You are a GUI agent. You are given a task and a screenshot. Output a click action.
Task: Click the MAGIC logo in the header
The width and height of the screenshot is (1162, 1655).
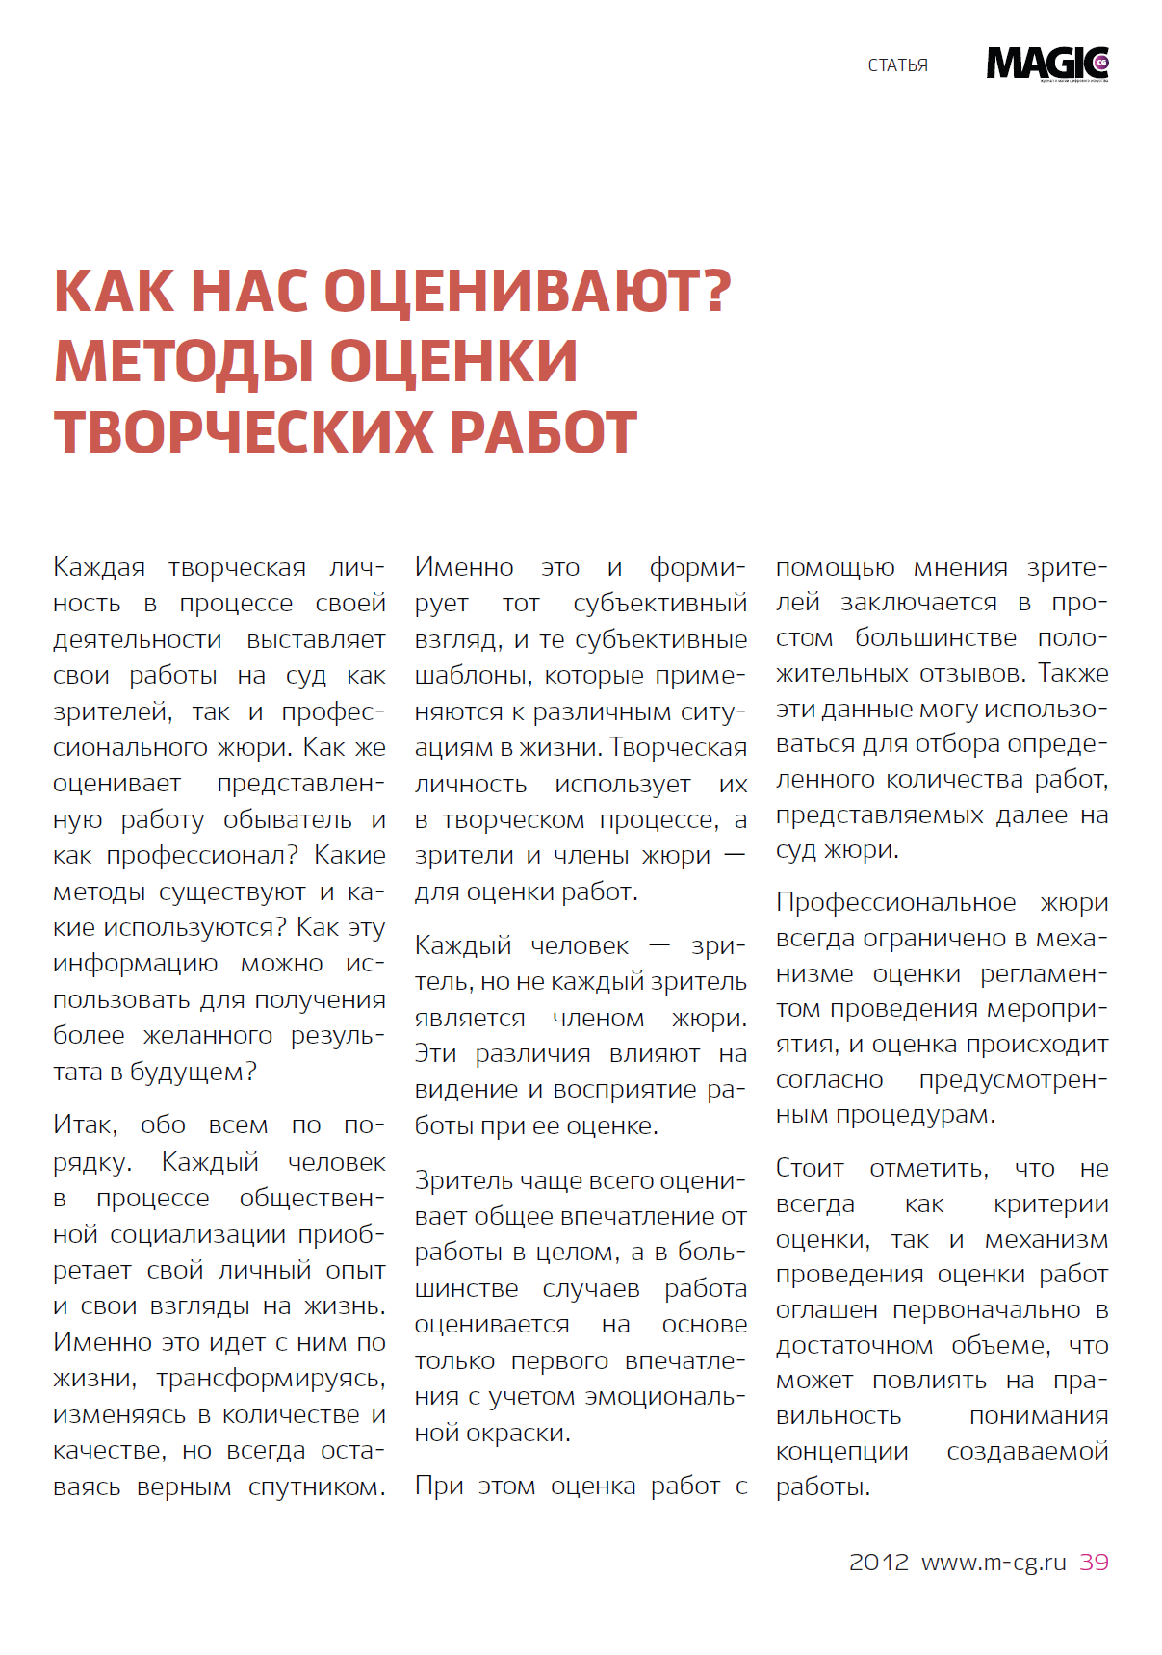(x=1047, y=64)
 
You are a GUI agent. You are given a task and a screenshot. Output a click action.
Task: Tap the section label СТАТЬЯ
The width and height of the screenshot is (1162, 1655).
(x=897, y=65)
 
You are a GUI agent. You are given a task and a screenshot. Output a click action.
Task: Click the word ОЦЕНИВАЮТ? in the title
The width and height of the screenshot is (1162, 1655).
(x=528, y=291)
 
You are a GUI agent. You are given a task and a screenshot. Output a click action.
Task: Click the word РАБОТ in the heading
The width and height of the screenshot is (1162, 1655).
(x=544, y=432)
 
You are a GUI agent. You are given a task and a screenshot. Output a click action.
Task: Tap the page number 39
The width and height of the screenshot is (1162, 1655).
(x=1094, y=1562)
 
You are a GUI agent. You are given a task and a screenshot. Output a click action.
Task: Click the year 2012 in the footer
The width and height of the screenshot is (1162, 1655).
(x=878, y=1562)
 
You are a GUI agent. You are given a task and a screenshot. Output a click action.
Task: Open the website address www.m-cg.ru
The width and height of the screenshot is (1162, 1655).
(x=994, y=1562)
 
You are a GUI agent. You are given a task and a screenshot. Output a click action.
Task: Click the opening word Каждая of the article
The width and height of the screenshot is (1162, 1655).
(x=99, y=567)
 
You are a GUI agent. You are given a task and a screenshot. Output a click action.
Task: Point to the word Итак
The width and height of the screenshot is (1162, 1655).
(x=85, y=1125)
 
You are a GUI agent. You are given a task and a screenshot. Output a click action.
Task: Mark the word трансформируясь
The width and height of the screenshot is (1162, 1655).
(x=271, y=1379)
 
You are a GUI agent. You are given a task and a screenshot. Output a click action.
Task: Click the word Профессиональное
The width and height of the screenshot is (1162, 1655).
(x=895, y=903)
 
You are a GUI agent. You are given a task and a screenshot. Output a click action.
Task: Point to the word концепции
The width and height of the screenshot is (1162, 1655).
(x=841, y=1452)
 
